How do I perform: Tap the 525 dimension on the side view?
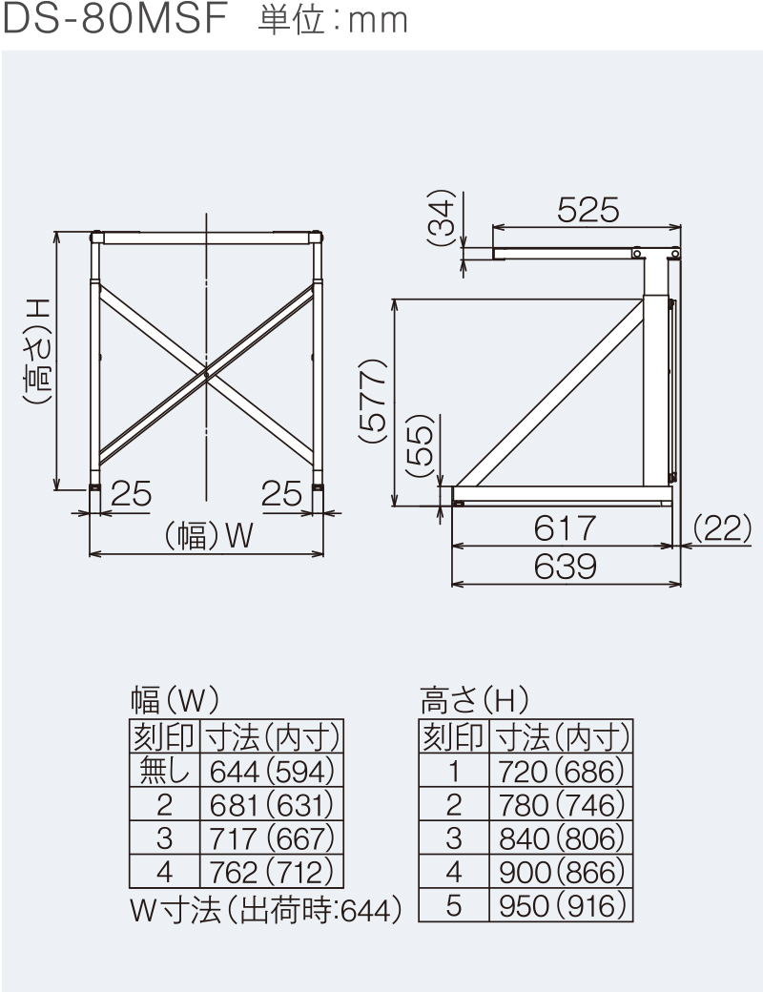point(588,209)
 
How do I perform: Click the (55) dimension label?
point(420,448)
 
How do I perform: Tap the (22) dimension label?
point(721,527)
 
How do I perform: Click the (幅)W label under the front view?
point(209,537)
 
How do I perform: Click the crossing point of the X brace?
point(207,374)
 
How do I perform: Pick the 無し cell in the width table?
point(165,769)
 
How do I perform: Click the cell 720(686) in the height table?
point(561,769)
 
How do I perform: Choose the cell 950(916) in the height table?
point(561,904)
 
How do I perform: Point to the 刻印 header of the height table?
point(454,735)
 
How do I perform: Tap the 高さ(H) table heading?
point(474,701)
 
